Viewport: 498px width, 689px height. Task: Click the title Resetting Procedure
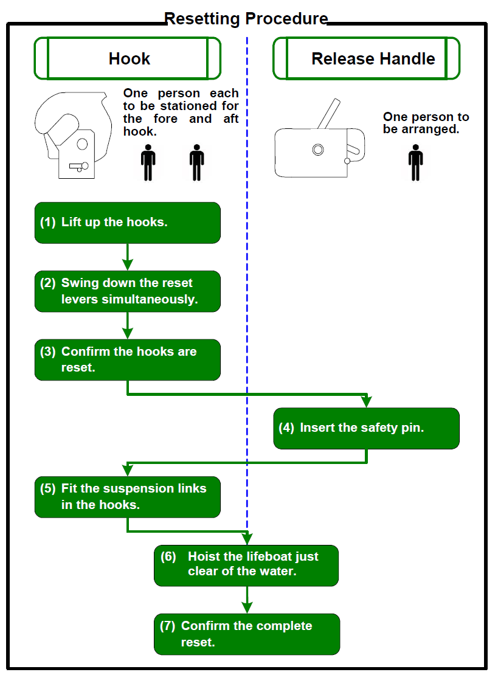[x=246, y=19]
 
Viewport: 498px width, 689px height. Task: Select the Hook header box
[x=128, y=58]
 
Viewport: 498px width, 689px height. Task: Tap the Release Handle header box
[x=366, y=58]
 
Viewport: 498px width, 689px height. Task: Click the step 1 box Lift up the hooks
[x=127, y=223]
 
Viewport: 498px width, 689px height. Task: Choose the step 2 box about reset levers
[x=127, y=291]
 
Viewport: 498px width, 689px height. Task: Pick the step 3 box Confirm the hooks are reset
[x=127, y=360]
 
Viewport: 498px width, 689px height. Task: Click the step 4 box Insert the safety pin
[x=366, y=428]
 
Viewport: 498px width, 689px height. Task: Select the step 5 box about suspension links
[x=127, y=497]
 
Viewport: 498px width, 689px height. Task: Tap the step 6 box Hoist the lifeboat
[x=246, y=565]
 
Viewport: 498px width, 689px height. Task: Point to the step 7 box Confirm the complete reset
[x=246, y=634]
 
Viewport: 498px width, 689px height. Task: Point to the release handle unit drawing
[x=319, y=149]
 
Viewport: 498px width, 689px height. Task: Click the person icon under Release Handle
[x=415, y=162]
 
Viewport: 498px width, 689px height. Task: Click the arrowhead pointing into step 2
[x=127, y=265]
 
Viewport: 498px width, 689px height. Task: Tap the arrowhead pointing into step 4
[x=366, y=401]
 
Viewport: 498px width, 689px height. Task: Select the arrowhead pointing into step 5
[x=127, y=470]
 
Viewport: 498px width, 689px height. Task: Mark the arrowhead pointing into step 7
[x=246, y=607]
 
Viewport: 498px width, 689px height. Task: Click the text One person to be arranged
[x=426, y=123]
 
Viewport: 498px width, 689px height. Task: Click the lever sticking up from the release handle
[x=329, y=114]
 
